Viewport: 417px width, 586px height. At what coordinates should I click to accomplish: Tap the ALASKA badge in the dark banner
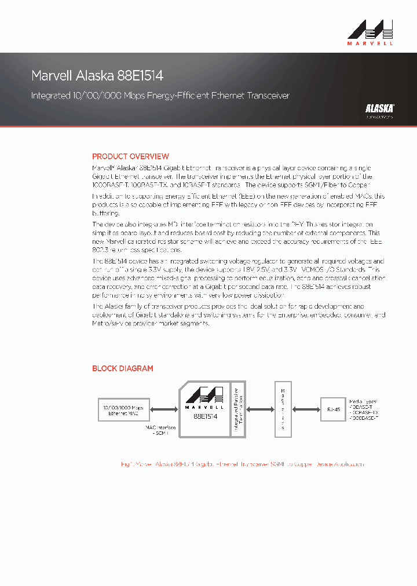point(379,108)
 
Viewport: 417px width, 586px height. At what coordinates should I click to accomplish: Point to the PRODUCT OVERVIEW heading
point(130,156)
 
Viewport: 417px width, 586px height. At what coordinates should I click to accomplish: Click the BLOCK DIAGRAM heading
point(123,368)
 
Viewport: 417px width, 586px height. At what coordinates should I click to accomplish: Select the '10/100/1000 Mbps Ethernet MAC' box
point(123,411)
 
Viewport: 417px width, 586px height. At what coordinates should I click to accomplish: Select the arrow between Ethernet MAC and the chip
point(163,410)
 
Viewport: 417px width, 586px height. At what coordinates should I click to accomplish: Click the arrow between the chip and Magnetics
point(260,409)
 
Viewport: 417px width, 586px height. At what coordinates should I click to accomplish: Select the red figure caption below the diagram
point(242,464)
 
